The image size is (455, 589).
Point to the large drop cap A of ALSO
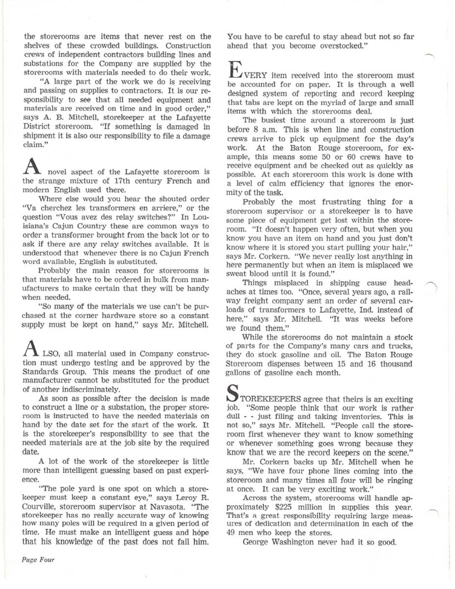pos(30,348)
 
